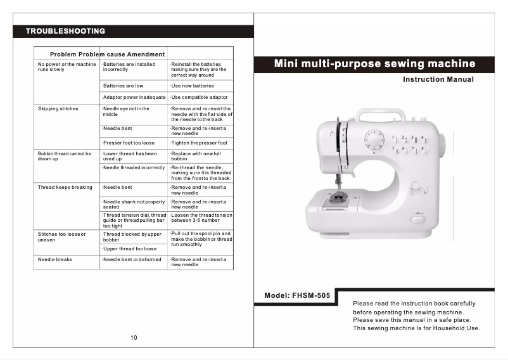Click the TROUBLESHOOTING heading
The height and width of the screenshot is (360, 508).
coord(65,31)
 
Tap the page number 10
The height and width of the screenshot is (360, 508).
coord(134,337)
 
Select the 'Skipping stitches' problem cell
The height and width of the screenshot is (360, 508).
coord(58,109)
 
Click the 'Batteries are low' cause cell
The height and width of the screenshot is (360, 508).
coord(124,86)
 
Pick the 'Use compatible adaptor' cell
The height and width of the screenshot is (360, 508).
coord(200,98)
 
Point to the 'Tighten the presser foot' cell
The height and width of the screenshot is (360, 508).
coord(200,143)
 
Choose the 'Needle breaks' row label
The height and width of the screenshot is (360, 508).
coord(55,259)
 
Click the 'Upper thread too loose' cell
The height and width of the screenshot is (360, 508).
coord(130,249)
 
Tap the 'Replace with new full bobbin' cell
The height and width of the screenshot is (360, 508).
coord(196,156)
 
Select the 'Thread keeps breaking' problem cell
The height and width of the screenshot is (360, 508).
coord(65,188)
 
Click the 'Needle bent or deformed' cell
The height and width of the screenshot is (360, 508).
coord(132,259)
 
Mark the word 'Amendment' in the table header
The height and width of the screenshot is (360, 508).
coord(145,55)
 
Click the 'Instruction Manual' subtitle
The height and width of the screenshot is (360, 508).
coord(438,80)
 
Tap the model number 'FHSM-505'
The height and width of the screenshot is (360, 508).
coord(311,295)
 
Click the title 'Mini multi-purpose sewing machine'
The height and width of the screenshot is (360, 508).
coord(374,64)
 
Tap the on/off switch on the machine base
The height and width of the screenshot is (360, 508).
coord(417,219)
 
